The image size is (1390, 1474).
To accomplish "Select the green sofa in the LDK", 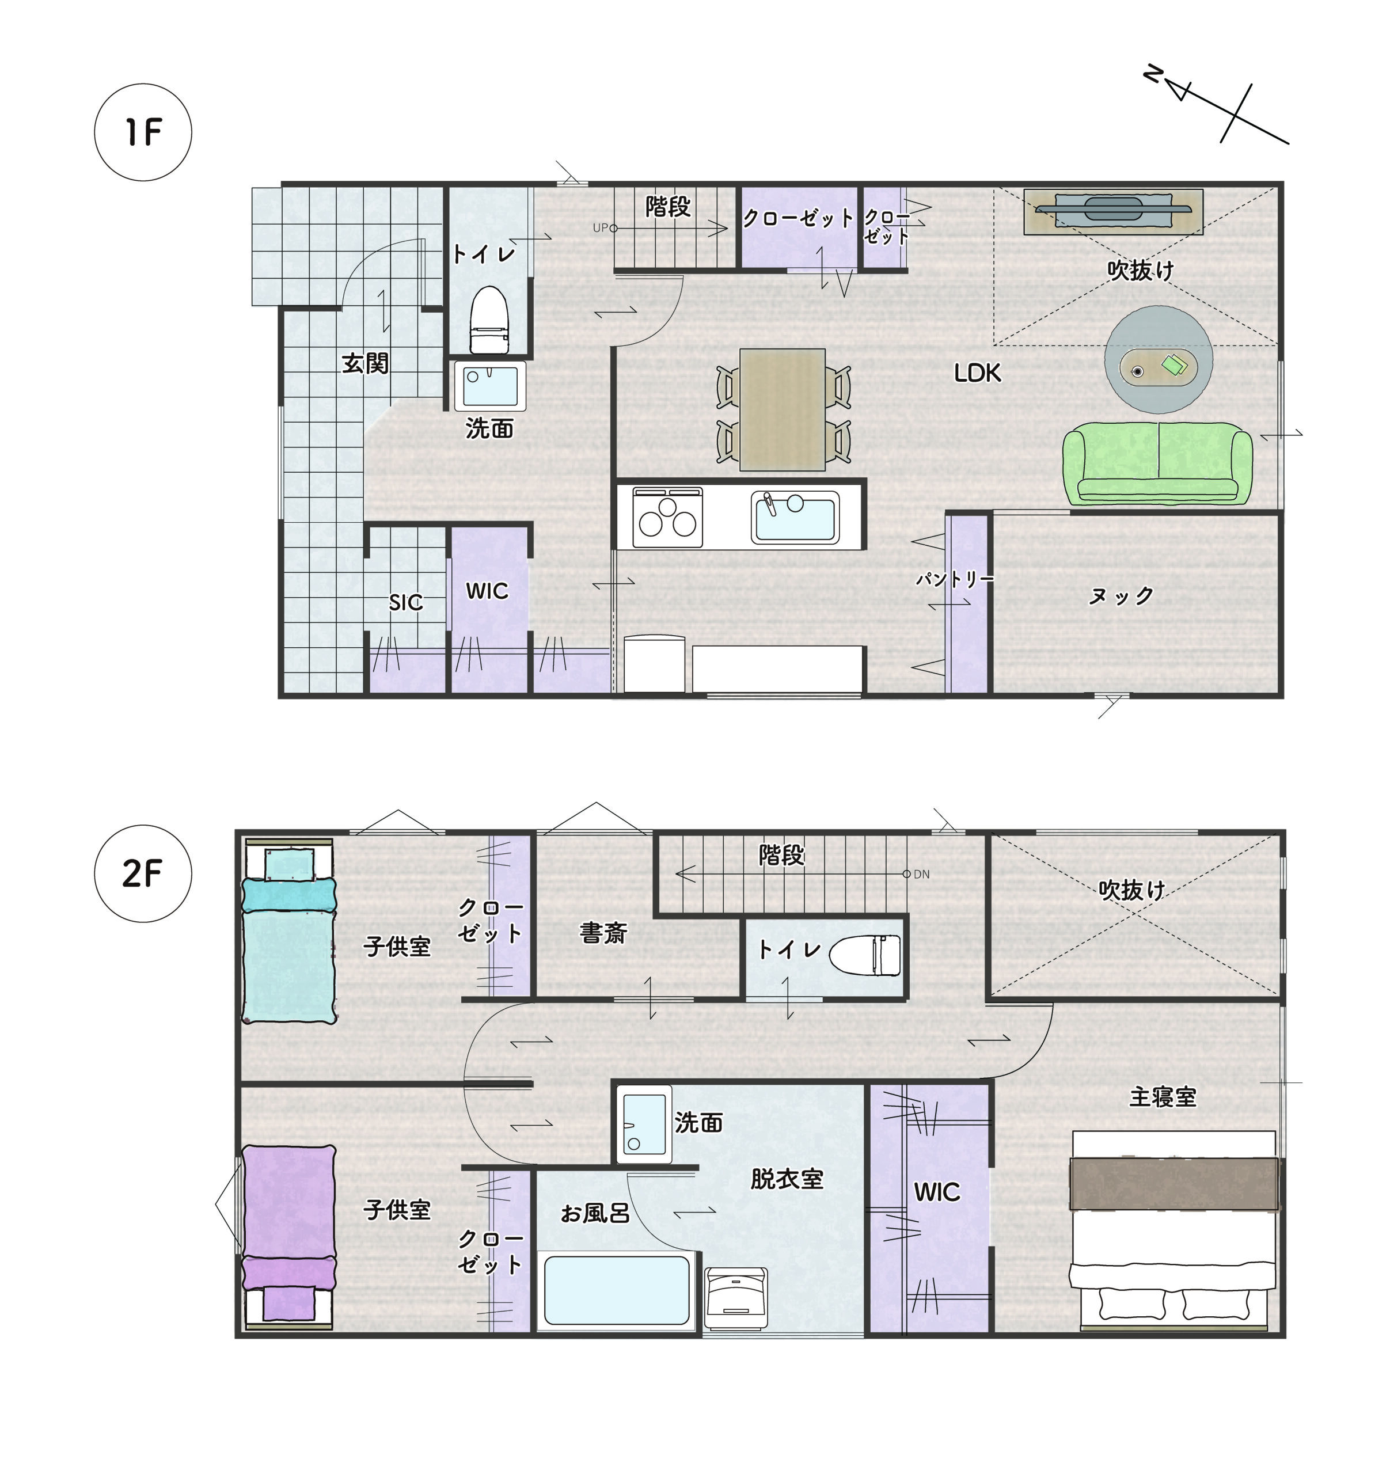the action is point(1157,463).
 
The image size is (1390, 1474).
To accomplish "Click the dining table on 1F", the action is point(782,409).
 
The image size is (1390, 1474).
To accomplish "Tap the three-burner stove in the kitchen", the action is point(667,517).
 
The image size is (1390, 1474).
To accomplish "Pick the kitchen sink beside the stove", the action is point(795,517).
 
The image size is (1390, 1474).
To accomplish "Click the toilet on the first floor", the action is point(489,320).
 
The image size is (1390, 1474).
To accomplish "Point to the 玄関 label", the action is point(364,363).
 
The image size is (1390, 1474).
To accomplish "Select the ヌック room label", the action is point(1121,595).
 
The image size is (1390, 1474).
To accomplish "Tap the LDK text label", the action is point(977,373).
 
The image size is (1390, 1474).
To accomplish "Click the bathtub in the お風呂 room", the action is point(617,1291).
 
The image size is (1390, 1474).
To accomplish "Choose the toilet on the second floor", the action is point(864,955).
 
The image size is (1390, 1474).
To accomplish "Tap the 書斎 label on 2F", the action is point(603,933).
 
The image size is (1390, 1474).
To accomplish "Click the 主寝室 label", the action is point(1163,1097).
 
